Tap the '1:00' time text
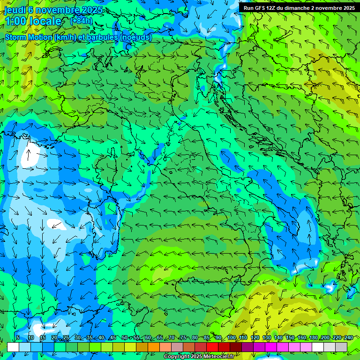coord(16,21)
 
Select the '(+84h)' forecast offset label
coord(81,21)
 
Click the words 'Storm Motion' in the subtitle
coord(29,37)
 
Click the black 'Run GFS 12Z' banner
coord(299,7)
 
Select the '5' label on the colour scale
coord(18,337)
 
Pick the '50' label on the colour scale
coord(125,337)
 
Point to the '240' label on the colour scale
coord(348,337)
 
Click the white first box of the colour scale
coord(13,346)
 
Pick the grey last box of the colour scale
coord(341,346)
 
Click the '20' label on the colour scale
coord(54,337)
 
